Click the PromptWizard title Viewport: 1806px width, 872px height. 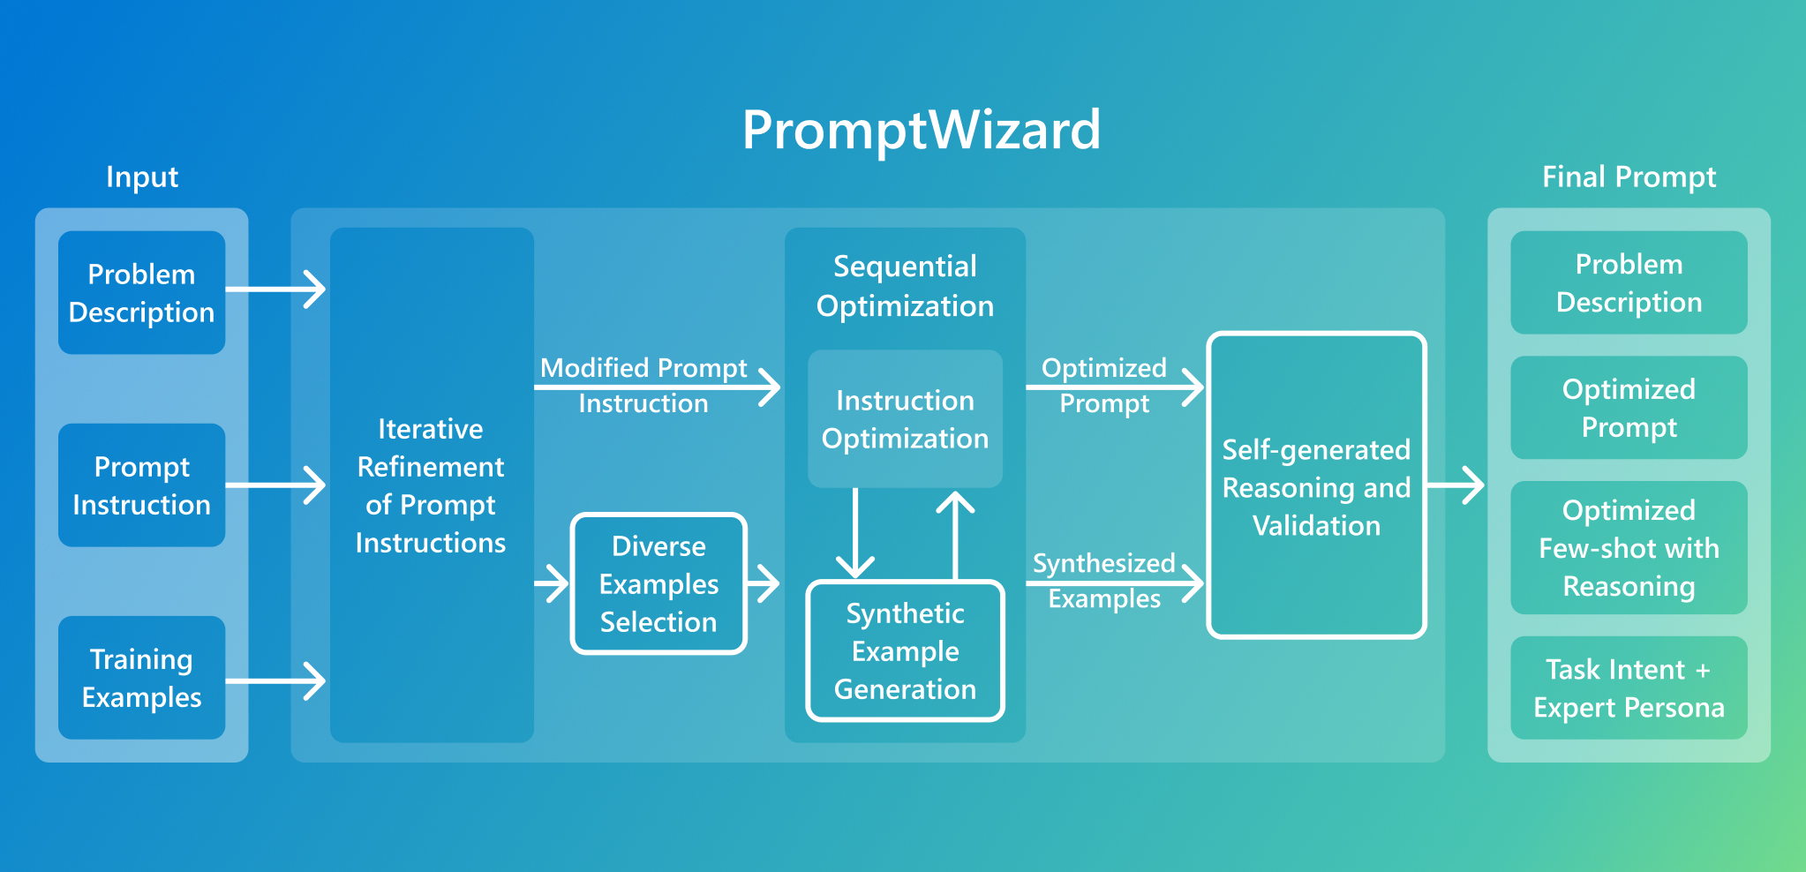coord(921,130)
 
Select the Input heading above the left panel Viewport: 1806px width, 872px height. coord(142,177)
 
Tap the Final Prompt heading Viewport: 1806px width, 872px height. coord(1629,177)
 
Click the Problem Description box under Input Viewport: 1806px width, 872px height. coord(141,293)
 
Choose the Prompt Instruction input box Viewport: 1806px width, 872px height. coord(141,485)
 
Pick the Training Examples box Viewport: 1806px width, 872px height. coord(141,678)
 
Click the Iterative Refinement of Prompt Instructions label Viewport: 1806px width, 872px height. coord(431,485)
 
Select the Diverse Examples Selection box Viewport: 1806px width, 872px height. coord(658,583)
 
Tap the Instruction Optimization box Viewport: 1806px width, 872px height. coord(905,419)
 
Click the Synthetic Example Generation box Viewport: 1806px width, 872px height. coord(905,651)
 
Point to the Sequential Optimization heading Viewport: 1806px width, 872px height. coord(905,286)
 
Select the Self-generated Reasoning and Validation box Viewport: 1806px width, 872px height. coord(1316,487)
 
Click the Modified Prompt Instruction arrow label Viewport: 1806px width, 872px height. coord(643,386)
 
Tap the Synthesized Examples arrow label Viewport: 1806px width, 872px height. coord(1104,581)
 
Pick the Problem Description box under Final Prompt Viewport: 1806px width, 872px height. coord(1629,283)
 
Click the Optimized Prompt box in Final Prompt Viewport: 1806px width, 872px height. coord(1629,408)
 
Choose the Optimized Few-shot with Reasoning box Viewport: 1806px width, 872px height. coord(1629,548)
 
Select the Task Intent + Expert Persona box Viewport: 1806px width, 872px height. coord(1629,688)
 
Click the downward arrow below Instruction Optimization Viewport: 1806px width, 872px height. coord(855,534)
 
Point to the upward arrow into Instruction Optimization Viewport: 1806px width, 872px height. coord(955,534)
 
